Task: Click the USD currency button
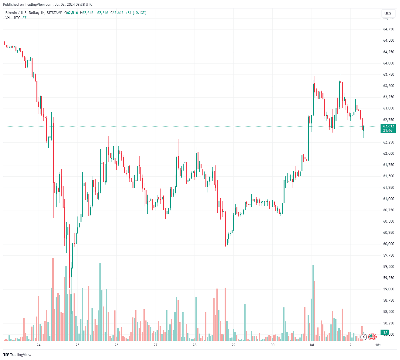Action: coord(388,13)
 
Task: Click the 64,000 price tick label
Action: coord(388,63)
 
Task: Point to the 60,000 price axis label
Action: coord(388,244)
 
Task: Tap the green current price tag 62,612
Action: coord(388,128)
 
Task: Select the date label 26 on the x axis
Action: coord(116,345)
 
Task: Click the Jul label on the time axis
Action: coord(311,345)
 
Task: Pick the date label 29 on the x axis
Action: coord(233,345)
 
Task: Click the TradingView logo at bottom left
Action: coord(17,355)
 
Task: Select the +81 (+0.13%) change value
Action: coord(136,13)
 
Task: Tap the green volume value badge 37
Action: coord(385,332)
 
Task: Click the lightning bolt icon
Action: coord(364,337)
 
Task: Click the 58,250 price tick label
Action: coord(388,323)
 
